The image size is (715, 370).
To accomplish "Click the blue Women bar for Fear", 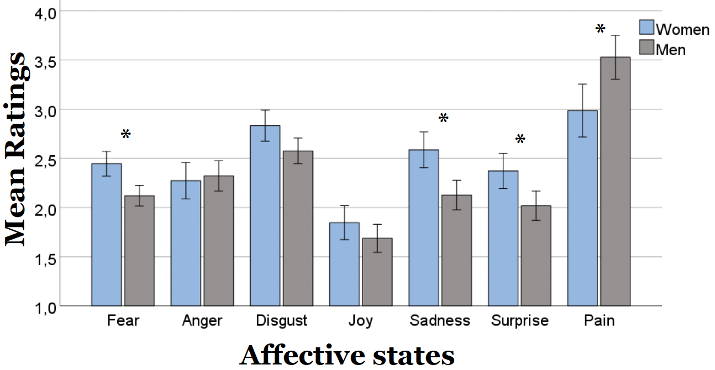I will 106,235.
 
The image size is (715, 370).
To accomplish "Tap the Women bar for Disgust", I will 265,215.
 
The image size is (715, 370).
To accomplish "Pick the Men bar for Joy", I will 377,272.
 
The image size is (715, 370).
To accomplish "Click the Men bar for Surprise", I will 536,256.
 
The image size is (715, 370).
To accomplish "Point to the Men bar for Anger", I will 218,241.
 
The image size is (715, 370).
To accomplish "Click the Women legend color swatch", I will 646,28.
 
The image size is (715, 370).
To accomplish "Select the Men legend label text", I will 671,50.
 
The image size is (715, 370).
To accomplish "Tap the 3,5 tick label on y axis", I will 44,61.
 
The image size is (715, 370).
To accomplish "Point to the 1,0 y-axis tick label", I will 44,306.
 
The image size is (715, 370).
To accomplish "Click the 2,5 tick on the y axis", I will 44,160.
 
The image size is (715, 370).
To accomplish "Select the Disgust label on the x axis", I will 282,321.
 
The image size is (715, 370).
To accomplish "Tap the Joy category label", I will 361,321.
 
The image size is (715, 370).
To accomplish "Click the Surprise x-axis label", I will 520,321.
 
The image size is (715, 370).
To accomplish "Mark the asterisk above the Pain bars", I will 600,29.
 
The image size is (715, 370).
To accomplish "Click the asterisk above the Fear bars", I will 125,134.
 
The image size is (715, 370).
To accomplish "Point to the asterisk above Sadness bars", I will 443,118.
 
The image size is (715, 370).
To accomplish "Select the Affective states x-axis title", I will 346,355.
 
